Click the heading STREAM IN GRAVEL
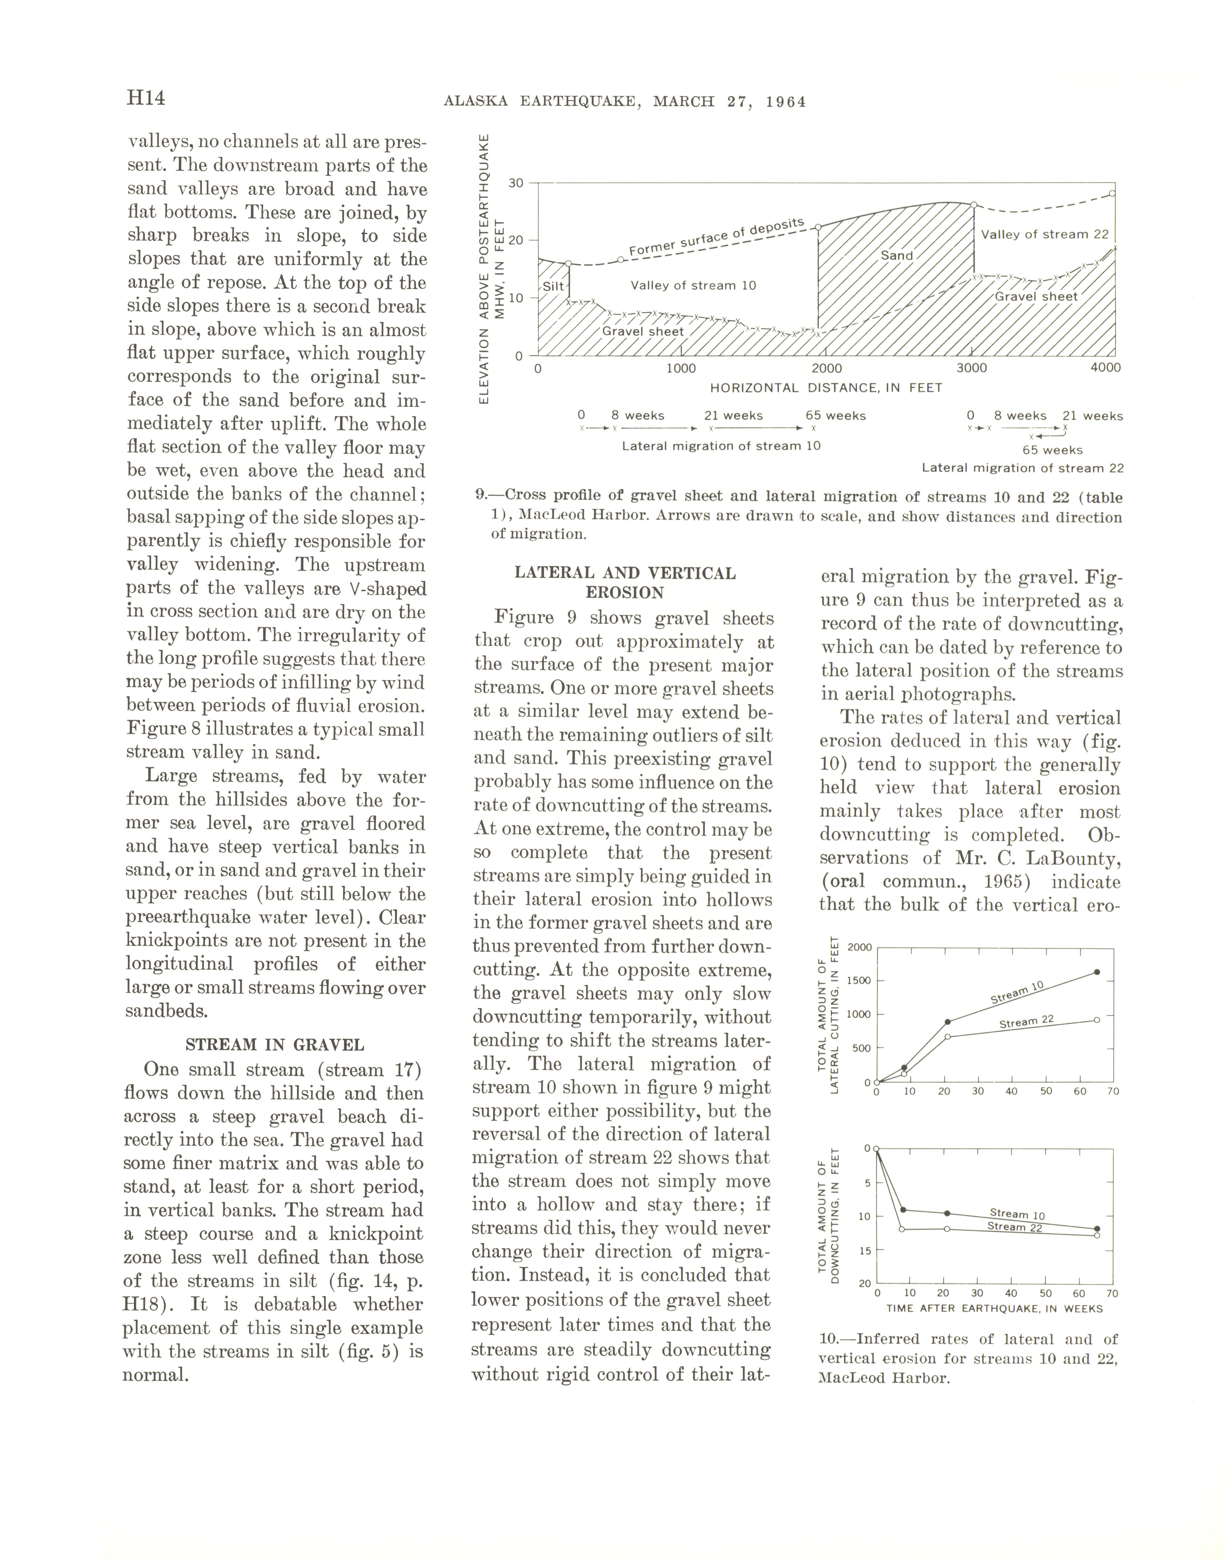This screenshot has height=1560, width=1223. [274, 1045]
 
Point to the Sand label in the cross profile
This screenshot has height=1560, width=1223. [896, 256]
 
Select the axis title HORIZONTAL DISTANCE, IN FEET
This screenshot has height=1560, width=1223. [826, 388]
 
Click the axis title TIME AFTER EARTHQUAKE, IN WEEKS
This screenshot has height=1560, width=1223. [994, 1308]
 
